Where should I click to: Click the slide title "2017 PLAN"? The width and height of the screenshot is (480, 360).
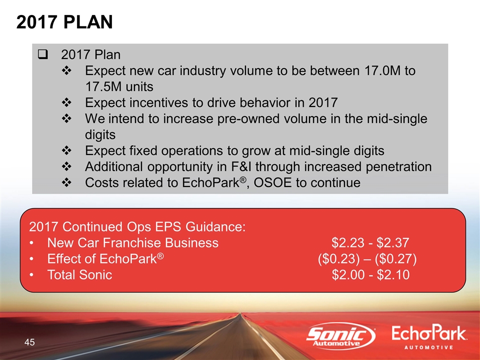coord(64,22)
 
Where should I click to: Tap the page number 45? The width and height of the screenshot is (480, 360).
coord(29,342)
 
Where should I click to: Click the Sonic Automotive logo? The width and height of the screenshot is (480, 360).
coord(340,336)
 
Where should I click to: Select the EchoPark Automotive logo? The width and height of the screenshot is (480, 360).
coord(429,337)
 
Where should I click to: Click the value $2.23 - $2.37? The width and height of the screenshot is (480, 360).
coord(370,243)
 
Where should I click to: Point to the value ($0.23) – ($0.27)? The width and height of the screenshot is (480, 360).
coord(367,258)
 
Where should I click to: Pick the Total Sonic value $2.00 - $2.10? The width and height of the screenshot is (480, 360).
coord(370,274)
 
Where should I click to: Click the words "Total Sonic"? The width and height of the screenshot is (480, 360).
coord(79,274)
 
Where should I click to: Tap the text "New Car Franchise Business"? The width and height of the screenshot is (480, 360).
coord(133,243)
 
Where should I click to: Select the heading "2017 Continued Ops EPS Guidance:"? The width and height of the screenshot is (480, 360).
coord(137,227)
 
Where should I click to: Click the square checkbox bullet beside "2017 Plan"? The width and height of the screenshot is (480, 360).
coord(42,55)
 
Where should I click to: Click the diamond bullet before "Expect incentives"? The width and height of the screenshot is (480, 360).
coord(66,102)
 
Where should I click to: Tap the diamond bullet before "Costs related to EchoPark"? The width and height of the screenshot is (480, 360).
coord(66,182)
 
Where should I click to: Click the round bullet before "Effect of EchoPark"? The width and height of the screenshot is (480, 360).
coord(31,259)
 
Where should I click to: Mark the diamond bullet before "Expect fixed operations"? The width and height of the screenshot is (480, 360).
coord(66,150)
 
